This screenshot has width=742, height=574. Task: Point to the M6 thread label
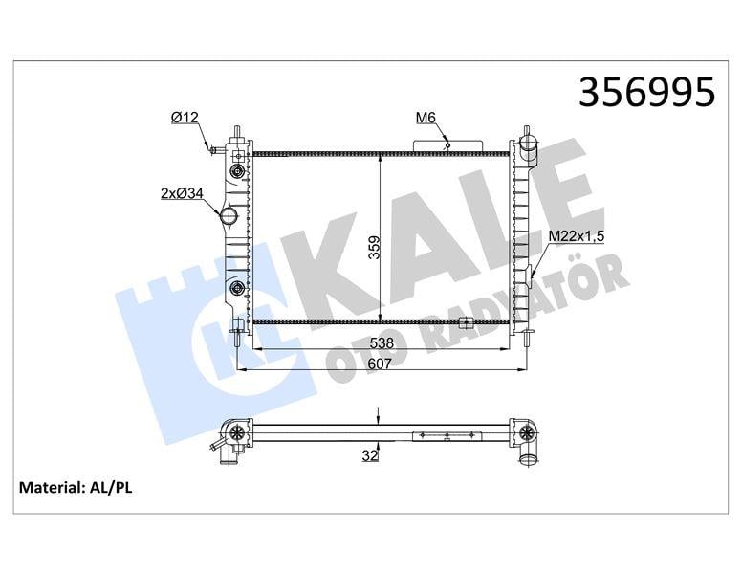tap(426, 119)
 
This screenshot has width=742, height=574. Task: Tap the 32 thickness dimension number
tap(369, 456)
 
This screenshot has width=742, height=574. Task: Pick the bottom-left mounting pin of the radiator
tap(235, 334)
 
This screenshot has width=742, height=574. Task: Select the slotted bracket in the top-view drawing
tap(447, 436)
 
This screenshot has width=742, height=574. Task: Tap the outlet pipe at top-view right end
tap(528, 461)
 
